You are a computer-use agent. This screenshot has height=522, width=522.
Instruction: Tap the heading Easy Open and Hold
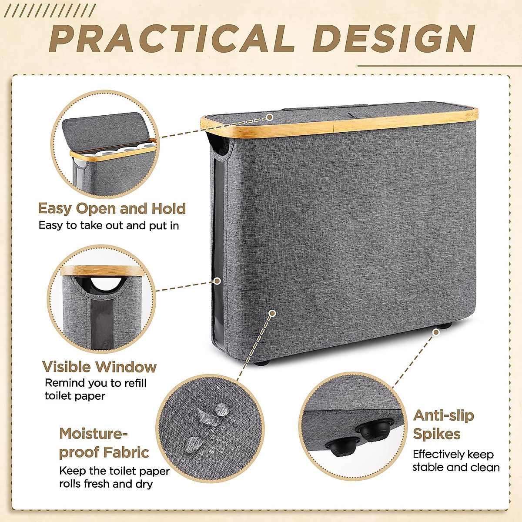[x=112, y=208]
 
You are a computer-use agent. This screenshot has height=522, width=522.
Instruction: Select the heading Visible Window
[x=99, y=367]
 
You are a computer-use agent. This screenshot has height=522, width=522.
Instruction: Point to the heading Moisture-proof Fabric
[x=104, y=443]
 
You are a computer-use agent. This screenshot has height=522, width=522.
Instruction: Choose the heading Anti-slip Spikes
[x=443, y=425]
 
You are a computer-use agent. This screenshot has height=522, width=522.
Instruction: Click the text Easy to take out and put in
[x=109, y=225]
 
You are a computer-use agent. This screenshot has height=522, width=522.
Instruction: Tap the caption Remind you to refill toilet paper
[x=96, y=389]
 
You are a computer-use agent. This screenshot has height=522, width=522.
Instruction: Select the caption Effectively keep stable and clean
[x=456, y=461]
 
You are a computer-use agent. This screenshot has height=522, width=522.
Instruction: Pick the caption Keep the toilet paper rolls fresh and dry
[x=114, y=477]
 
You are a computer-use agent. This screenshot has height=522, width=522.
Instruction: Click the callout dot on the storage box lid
[x=270, y=117]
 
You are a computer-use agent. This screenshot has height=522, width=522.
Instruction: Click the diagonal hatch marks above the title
[x=52, y=11]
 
